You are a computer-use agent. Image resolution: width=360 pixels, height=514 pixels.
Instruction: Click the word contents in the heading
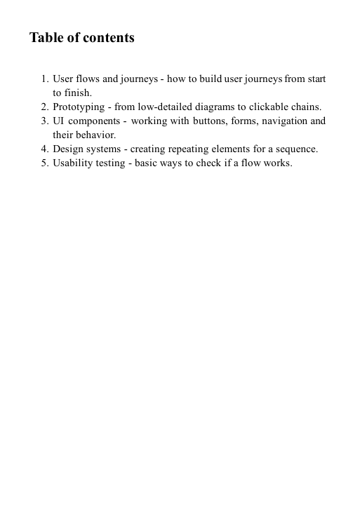(109, 38)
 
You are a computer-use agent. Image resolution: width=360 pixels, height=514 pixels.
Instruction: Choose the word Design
(68, 149)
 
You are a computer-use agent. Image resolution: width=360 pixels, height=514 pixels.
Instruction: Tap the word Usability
(74, 163)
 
